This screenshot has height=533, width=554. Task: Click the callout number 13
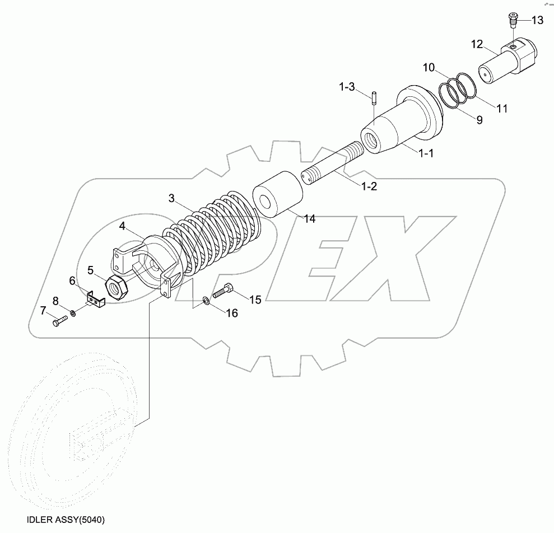pyautogui.click(x=537, y=21)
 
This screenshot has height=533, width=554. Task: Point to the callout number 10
pyautogui.click(x=429, y=68)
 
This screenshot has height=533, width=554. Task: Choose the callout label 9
pyautogui.click(x=479, y=119)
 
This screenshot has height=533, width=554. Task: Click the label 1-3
pyautogui.click(x=346, y=87)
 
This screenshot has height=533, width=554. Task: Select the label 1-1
pyautogui.click(x=426, y=152)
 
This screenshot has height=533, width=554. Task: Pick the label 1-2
pyautogui.click(x=369, y=186)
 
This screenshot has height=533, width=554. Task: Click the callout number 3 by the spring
pyautogui.click(x=171, y=198)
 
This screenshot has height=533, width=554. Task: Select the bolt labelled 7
pyautogui.click(x=60, y=321)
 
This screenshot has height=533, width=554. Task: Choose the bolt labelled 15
pyautogui.click(x=224, y=291)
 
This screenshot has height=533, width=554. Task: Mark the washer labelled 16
pyautogui.click(x=206, y=302)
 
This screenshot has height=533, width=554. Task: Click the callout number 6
pyautogui.click(x=72, y=280)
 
